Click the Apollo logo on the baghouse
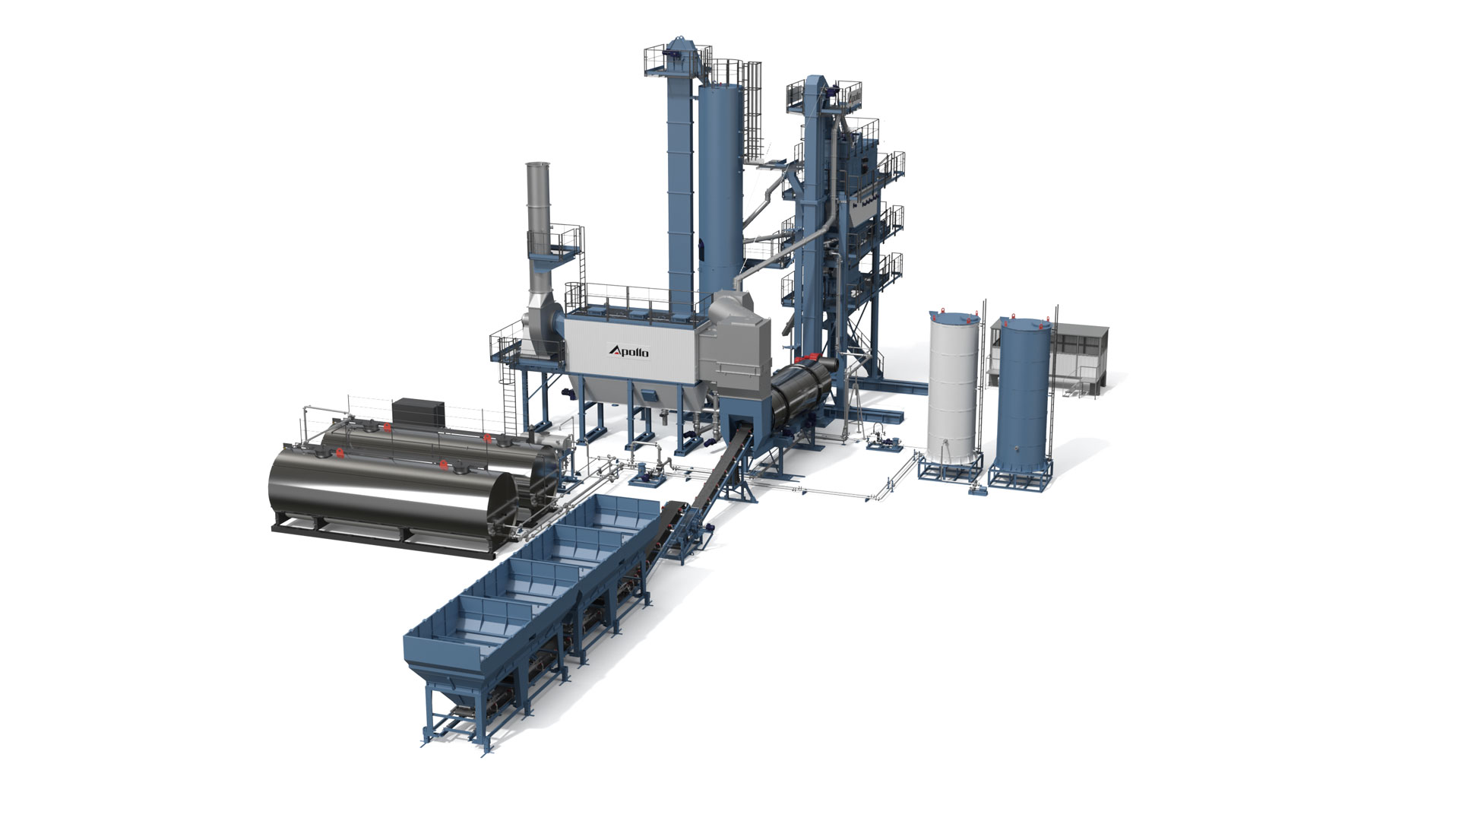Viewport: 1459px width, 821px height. click(630, 350)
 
